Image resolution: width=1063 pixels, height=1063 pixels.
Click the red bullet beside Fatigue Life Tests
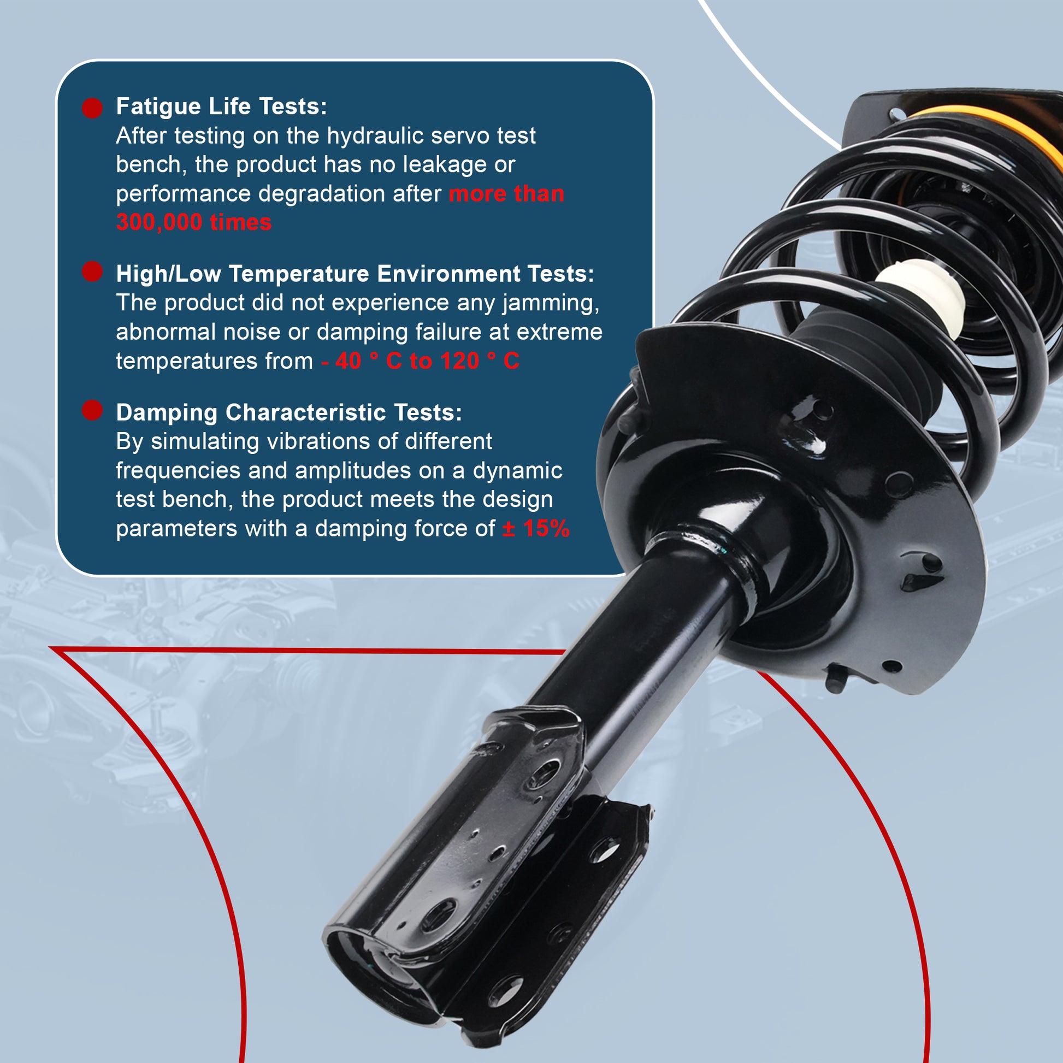pos(92,108)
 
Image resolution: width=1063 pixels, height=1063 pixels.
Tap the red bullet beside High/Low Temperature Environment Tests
pos(92,271)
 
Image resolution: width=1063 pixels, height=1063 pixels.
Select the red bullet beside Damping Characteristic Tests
pos(92,410)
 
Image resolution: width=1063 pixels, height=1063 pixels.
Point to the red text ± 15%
pos(536,529)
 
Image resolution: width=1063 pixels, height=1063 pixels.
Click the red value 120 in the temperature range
pos(460,361)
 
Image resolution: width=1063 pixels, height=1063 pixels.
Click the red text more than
pos(506,194)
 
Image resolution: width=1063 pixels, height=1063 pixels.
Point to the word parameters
pos(176,529)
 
